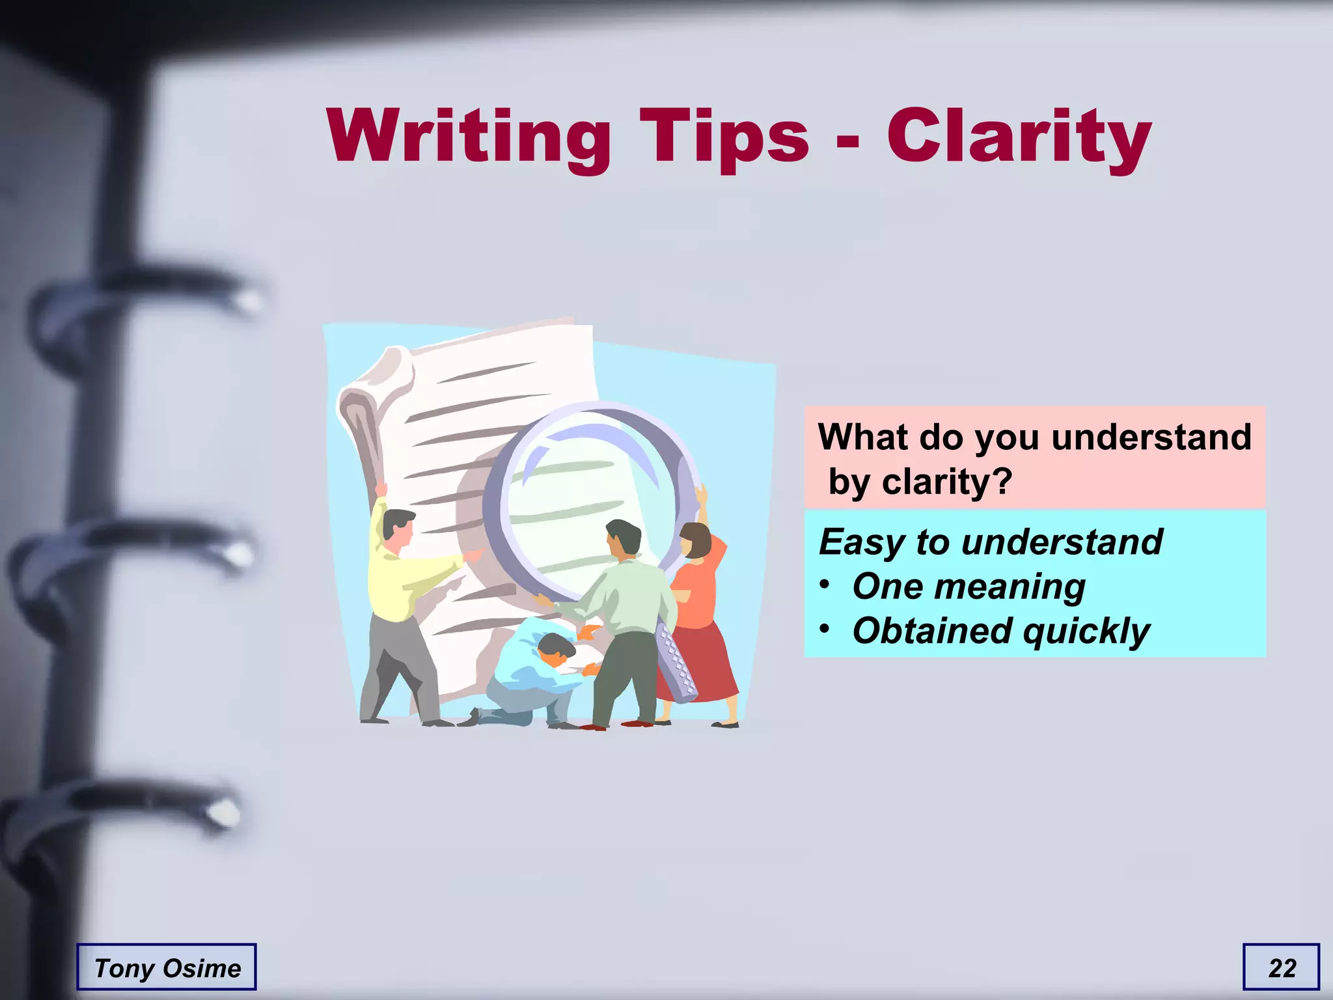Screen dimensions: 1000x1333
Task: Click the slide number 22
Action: coord(1282,968)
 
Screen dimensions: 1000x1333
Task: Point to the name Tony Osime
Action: coord(167,968)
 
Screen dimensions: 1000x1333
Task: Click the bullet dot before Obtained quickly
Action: coord(825,629)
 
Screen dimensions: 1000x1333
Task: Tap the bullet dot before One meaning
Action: coord(825,584)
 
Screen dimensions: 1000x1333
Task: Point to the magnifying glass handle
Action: coord(677,664)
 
